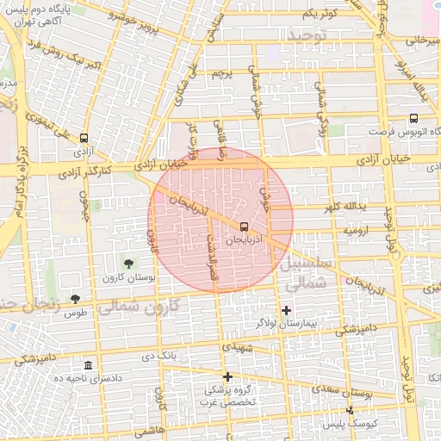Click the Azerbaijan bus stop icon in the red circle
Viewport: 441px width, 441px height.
243,227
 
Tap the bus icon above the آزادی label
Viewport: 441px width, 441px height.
84,138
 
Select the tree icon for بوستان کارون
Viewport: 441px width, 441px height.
128,263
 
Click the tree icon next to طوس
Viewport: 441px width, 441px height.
76,298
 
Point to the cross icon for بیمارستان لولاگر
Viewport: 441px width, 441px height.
287,309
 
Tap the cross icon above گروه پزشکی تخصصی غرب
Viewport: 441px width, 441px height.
227,376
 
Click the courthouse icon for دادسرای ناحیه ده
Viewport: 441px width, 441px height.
90,366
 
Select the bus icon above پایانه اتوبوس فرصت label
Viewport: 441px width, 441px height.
413,118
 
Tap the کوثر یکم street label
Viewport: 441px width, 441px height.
319,14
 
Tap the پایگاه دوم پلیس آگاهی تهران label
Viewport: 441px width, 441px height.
89,13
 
